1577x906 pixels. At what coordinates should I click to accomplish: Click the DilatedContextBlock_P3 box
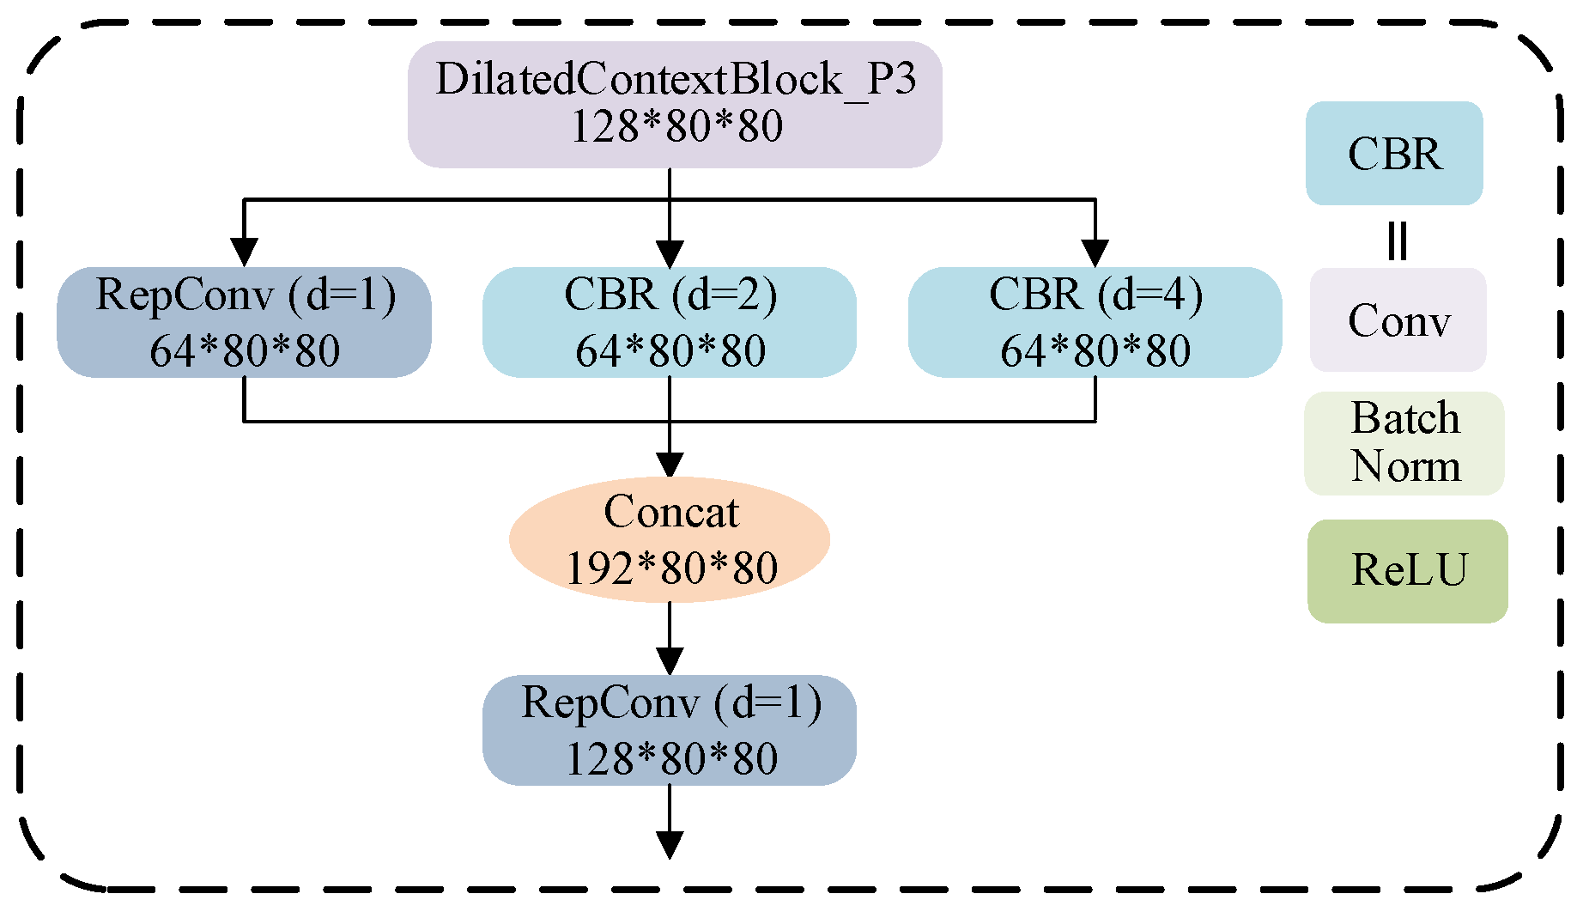675,104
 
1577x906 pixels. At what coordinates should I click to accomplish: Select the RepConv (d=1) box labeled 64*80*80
244,322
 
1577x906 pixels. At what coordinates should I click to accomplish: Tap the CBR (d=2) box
670,322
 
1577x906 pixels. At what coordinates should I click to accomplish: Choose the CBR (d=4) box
1095,322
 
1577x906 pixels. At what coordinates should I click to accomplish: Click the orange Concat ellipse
670,539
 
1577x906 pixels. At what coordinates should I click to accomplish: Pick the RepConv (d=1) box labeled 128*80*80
670,730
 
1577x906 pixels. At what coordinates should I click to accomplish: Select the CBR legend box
1394,154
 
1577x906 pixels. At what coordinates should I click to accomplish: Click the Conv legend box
1398,319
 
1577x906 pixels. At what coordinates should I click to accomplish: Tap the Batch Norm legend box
1404,443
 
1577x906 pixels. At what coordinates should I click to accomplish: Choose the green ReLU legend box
1408,571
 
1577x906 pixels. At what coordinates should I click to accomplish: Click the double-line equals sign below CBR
1398,240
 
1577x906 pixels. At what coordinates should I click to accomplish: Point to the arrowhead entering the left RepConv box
244,252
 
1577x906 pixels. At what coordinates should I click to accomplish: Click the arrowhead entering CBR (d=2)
670,252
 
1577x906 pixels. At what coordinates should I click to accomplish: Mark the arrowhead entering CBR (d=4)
1095,252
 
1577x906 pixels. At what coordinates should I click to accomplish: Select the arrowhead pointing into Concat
670,465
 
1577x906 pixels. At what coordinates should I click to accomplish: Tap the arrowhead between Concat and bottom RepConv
670,661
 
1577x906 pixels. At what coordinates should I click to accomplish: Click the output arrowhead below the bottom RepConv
670,845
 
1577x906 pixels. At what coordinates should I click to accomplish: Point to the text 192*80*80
671,568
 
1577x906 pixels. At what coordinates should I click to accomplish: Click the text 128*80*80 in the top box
676,126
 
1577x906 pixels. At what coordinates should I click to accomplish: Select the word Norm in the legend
1406,466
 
